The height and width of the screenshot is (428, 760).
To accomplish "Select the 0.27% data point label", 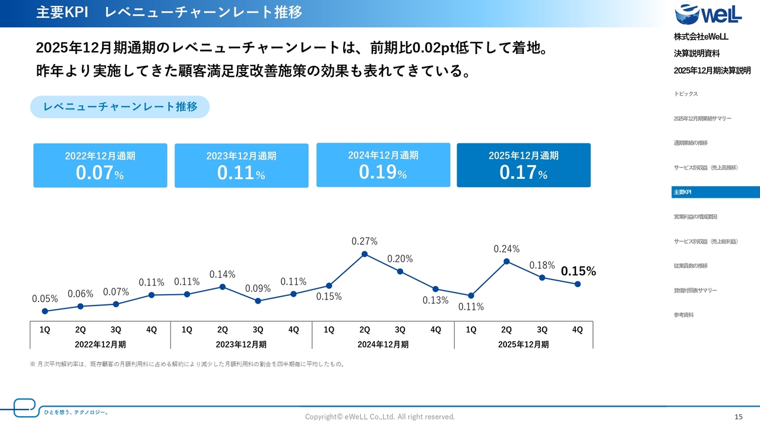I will (x=365, y=241).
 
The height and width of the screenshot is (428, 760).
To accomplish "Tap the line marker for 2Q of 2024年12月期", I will (x=365, y=254).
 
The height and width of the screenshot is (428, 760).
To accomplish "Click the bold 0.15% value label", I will (x=578, y=272).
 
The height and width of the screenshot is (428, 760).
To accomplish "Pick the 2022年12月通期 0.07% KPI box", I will (x=100, y=165).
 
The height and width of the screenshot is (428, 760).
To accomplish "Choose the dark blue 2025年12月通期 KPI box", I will (x=524, y=165).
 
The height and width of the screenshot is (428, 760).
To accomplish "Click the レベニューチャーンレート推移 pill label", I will (x=120, y=107).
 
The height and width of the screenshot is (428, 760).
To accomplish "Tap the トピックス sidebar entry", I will (x=686, y=94).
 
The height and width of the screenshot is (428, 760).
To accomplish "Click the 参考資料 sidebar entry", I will (x=683, y=315).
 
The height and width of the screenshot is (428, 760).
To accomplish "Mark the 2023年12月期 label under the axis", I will (x=241, y=344).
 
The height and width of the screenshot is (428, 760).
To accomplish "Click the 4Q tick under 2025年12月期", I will (x=577, y=330).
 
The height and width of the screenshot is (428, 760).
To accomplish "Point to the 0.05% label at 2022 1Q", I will (x=45, y=299).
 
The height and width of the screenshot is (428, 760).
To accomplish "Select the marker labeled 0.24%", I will (x=506, y=261).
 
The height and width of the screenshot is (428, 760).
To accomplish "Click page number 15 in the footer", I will (x=739, y=417).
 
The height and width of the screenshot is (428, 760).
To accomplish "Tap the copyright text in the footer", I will (x=380, y=417).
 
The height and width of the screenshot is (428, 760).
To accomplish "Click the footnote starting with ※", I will (x=188, y=364).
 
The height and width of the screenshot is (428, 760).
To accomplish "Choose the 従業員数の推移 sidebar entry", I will (x=691, y=266).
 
